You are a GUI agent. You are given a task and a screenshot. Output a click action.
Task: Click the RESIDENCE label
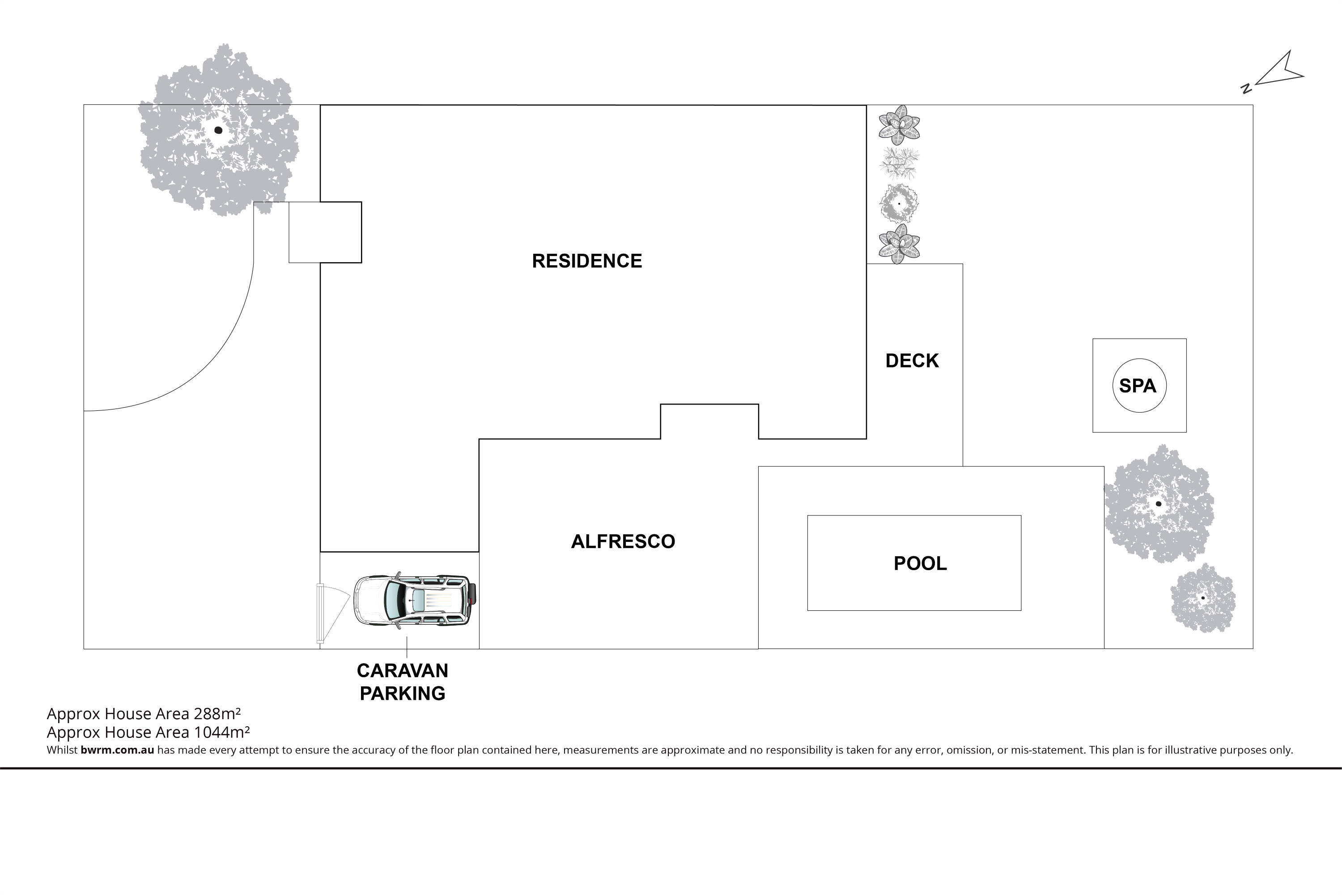(586, 261)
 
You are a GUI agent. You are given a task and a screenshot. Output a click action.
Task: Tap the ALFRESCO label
(623, 541)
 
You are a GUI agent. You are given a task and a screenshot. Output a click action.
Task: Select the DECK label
(912, 361)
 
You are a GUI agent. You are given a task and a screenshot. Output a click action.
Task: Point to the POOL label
(920, 563)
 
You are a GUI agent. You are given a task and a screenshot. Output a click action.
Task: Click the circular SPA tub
(1139, 385)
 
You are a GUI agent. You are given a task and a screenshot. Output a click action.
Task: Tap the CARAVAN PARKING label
(402, 682)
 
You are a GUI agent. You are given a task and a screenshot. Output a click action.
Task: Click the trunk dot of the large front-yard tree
(218, 130)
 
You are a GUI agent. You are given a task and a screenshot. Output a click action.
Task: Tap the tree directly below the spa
(1158, 503)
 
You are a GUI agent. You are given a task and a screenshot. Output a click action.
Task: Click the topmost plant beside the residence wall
(899, 125)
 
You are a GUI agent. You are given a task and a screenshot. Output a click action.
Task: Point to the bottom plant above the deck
(899, 244)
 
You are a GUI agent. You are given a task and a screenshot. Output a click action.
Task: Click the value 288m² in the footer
(217, 713)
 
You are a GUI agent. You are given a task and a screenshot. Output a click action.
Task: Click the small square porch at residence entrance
(325, 232)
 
